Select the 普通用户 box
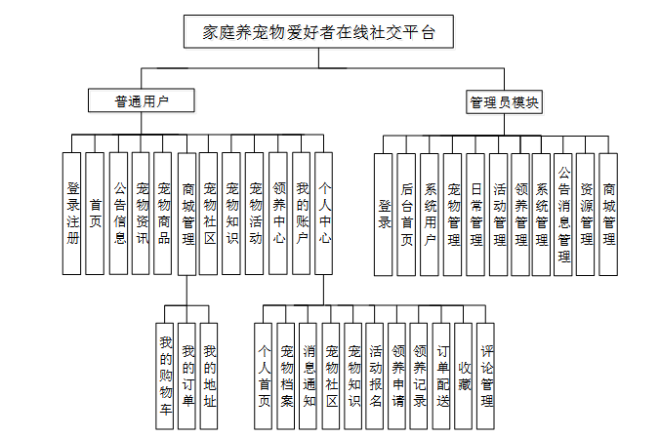tap(141, 100)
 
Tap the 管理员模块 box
tap(504, 100)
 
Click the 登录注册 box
tap(72, 212)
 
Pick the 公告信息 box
tap(118, 212)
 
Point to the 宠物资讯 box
tap(141, 212)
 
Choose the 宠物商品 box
tap(163, 212)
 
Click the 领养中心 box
tap(277, 212)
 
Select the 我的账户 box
tap(301, 212)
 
